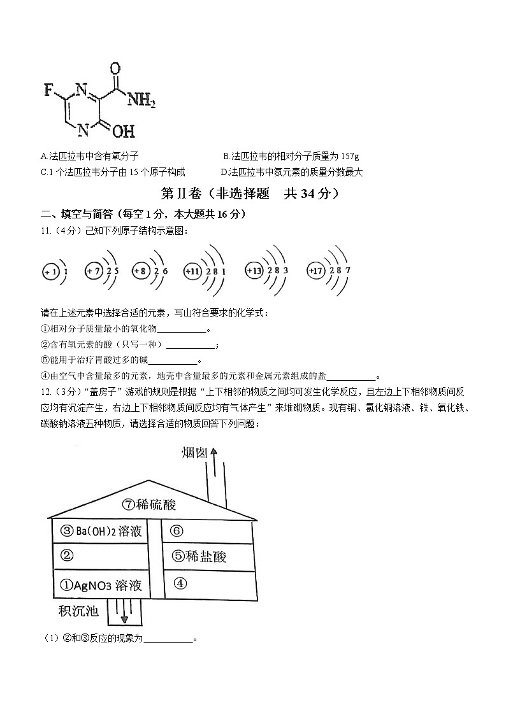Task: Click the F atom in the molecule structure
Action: point(48,89)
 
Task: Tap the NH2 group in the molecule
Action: point(141,99)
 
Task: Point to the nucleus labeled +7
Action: point(94,271)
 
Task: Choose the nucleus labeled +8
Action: point(141,271)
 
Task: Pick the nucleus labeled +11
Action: point(192,271)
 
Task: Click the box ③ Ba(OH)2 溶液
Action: point(101,531)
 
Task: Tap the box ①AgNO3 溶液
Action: point(100,584)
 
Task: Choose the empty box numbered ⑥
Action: point(177,531)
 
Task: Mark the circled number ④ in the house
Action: point(180,583)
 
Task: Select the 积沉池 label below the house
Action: point(78,611)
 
